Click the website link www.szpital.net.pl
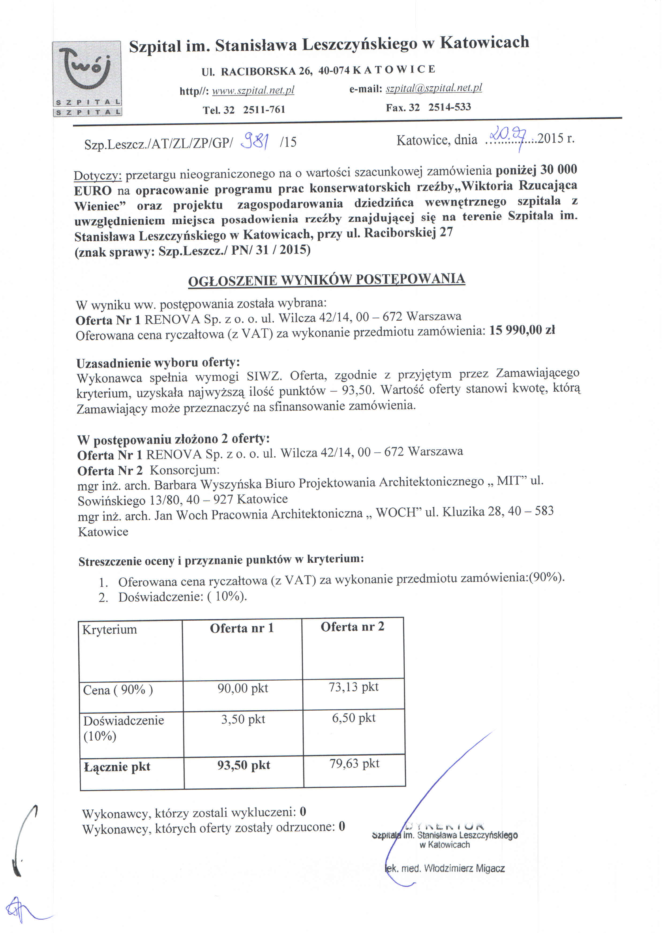coord(253,90)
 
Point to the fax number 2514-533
coord(450,107)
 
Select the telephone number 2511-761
coord(264,110)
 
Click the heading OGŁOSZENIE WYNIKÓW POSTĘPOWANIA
coord(327,280)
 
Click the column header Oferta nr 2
coord(352,627)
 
